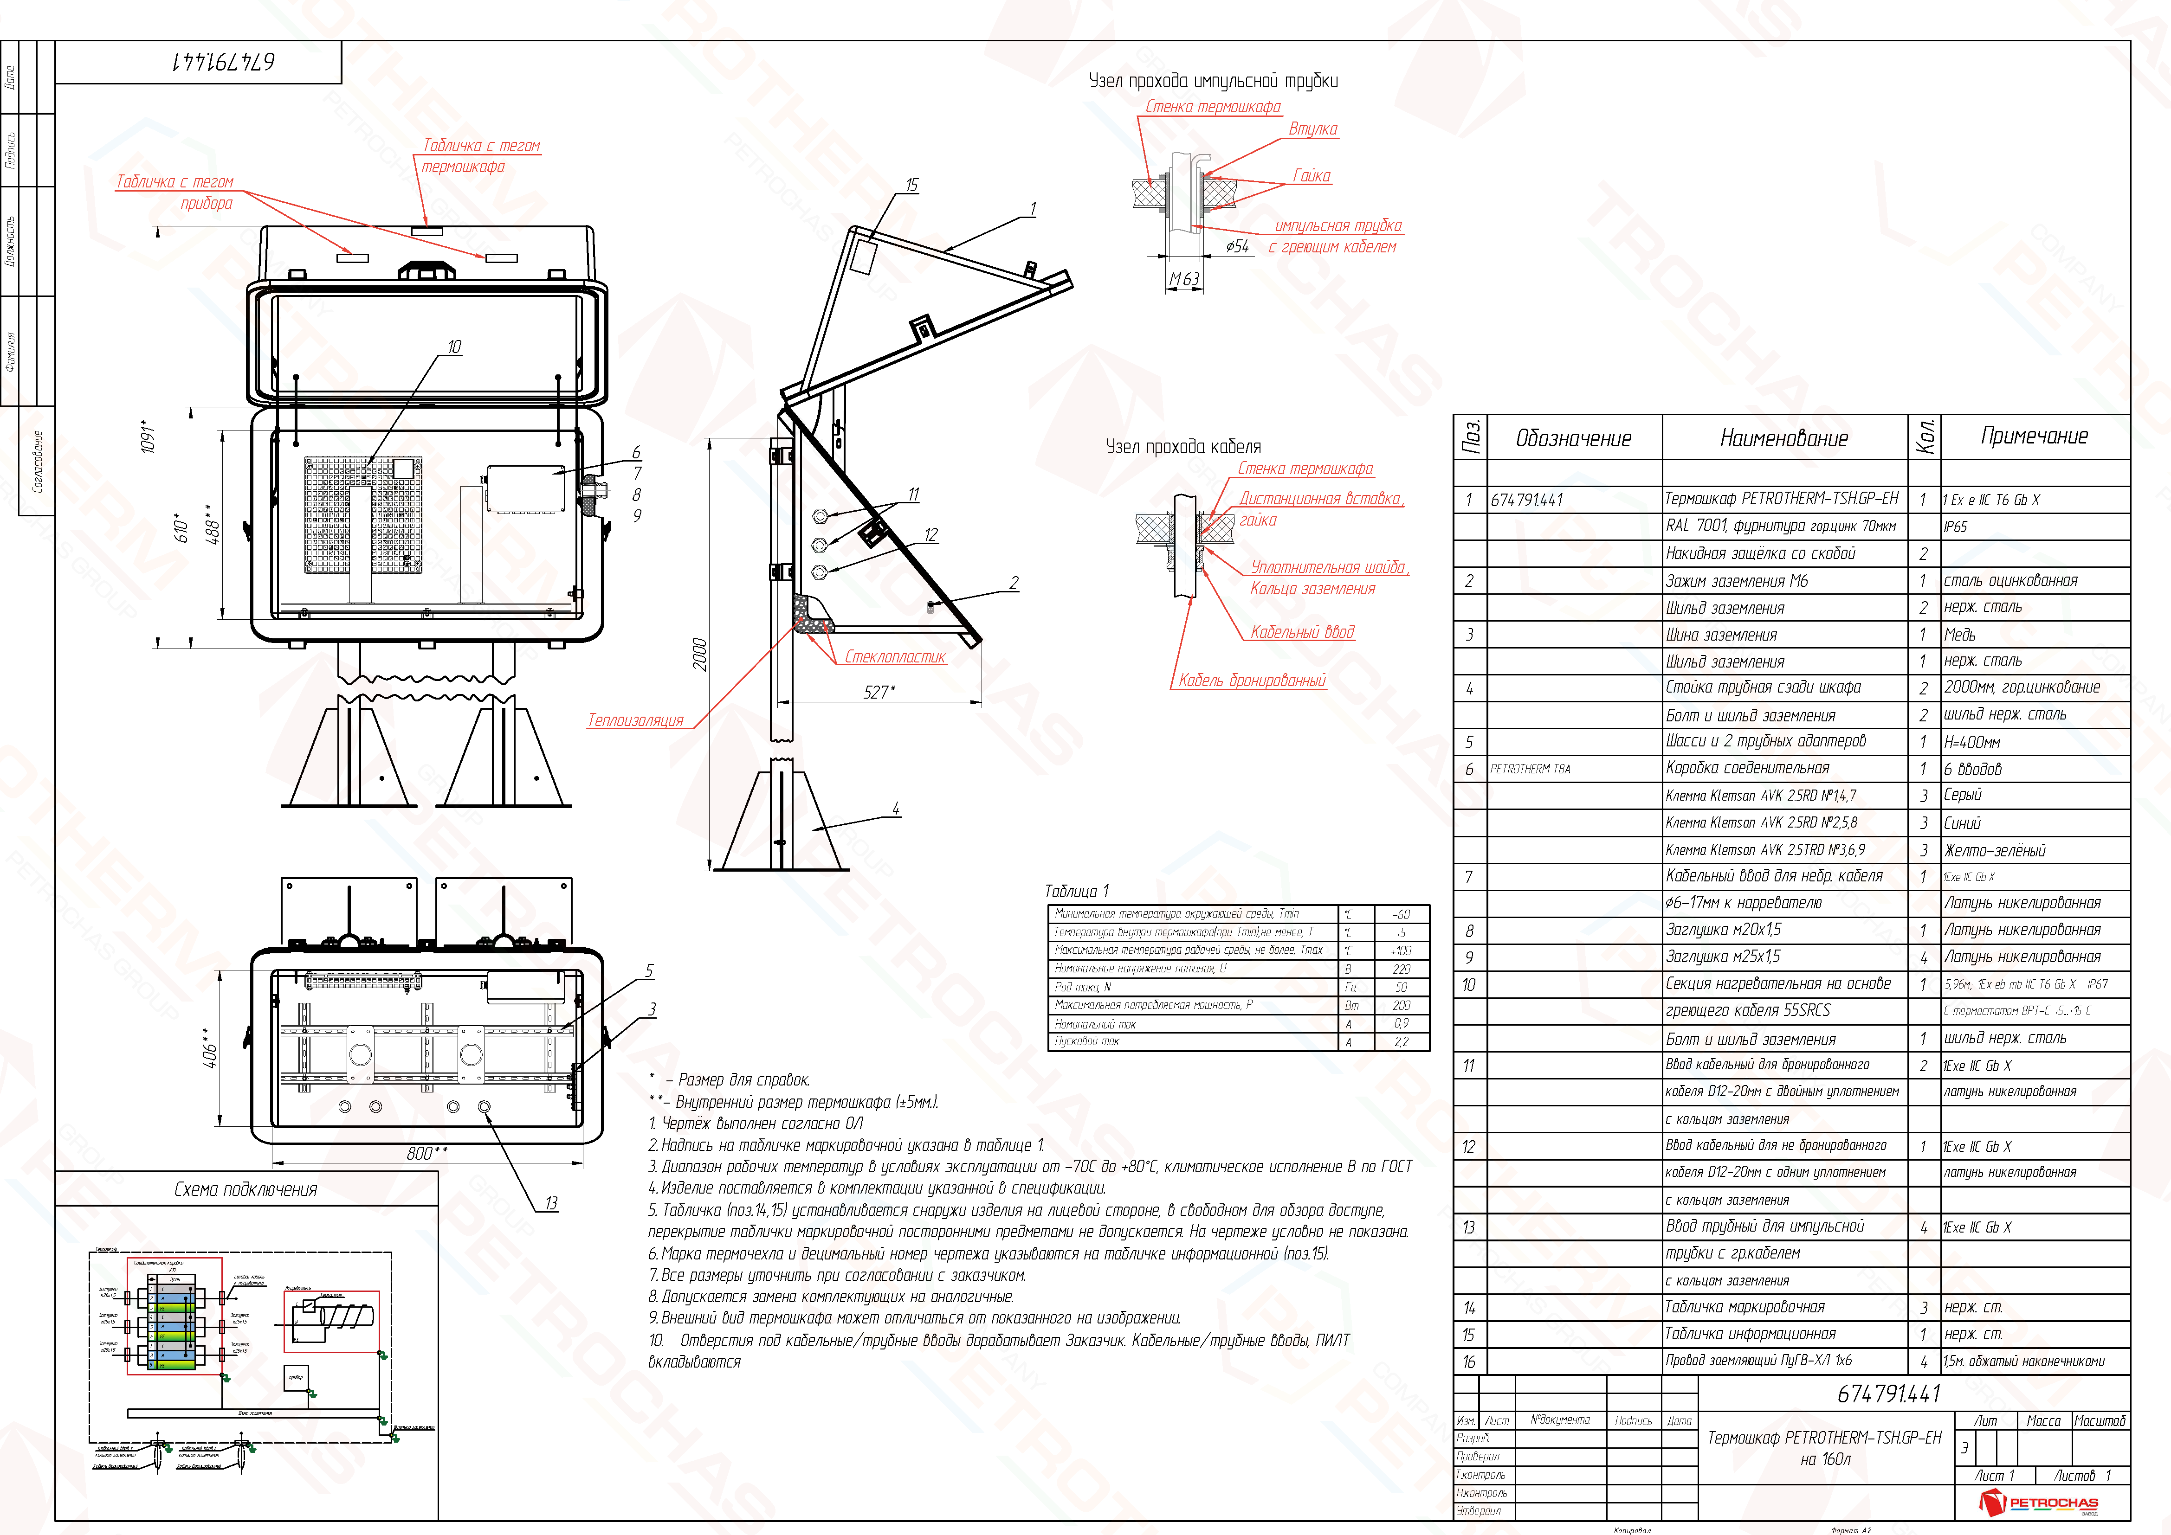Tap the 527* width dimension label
(x=879, y=692)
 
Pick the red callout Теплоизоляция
(x=635, y=720)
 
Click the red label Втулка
(x=1312, y=128)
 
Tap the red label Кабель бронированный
(x=1252, y=681)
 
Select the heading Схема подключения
(x=246, y=1189)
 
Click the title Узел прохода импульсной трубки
(x=1213, y=81)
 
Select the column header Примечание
(x=2034, y=436)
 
